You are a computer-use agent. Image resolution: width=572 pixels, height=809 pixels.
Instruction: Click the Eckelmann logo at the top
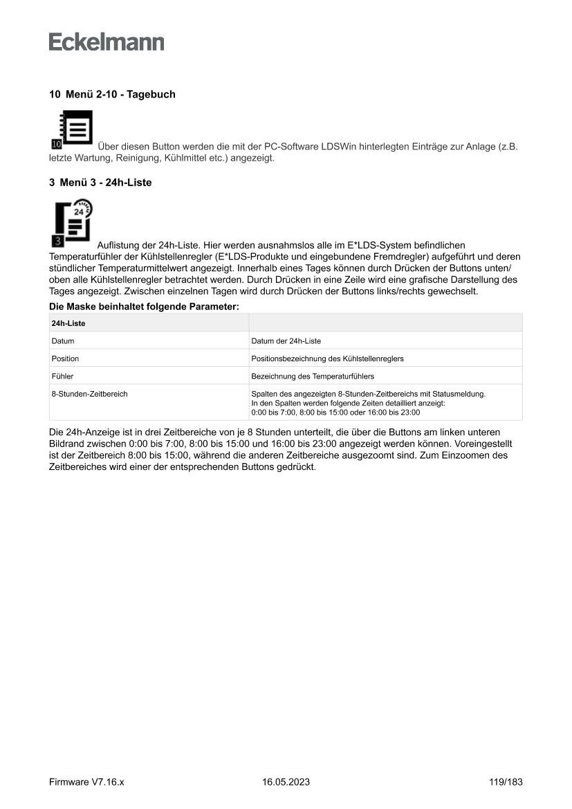click(107, 42)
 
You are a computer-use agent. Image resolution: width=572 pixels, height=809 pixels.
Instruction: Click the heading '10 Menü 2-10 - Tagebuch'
click(111, 94)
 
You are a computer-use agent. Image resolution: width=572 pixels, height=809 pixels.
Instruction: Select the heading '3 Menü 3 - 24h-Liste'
click(100, 183)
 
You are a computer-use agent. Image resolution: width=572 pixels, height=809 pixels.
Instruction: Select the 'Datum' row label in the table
click(62, 340)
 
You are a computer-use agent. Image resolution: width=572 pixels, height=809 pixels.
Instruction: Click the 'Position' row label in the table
click(65, 358)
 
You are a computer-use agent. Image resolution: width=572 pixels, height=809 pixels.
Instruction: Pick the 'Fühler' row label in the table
click(62, 376)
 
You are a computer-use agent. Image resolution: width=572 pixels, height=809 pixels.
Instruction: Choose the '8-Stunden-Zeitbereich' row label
click(89, 394)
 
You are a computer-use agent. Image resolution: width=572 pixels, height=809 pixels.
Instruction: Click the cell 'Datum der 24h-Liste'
click(286, 340)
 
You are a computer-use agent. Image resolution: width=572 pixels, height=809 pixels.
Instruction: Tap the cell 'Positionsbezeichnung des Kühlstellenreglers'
click(327, 358)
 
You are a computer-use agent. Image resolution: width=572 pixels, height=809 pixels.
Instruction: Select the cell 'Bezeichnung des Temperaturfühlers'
click(313, 376)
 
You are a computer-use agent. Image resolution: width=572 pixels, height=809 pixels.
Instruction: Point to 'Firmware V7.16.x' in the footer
click(86, 782)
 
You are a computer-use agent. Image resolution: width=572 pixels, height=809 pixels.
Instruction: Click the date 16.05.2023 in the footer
click(286, 782)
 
